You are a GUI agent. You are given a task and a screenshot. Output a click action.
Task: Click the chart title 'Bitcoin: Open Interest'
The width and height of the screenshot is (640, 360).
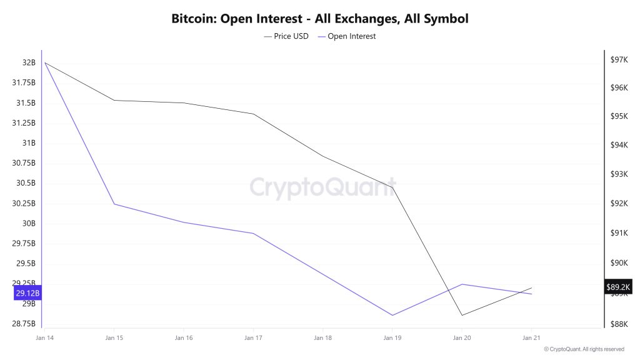[x=319, y=19]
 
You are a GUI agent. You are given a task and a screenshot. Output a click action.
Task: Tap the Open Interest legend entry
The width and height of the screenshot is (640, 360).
[x=347, y=36]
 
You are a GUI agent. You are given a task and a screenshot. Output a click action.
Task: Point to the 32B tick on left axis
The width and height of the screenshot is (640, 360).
[x=29, y=62]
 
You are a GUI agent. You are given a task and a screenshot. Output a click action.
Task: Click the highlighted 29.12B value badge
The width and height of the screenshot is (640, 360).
[x=28, y=293]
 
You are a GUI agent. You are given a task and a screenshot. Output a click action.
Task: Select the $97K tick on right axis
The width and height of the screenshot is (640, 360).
[x=619, y=59]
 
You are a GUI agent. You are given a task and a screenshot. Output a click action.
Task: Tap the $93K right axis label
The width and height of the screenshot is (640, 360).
[x=619, y=174]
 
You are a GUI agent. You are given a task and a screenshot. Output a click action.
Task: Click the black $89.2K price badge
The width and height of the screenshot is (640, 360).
[x=619, y=287]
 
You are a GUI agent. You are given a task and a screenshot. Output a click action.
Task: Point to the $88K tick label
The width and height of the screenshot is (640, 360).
[x=619, y=323]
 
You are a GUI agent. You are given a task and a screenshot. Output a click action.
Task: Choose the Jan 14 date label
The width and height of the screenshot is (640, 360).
[x=44, y=338]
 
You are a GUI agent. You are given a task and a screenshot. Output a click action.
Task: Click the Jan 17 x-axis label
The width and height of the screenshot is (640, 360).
[x=253, y=338]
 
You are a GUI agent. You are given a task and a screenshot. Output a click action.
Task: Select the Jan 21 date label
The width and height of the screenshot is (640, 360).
[x=531, y=338]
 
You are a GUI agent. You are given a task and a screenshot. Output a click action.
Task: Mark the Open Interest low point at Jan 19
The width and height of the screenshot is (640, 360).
[x=392, y=315]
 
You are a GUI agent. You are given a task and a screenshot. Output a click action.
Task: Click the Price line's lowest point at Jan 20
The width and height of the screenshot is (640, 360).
[x=462, y=315]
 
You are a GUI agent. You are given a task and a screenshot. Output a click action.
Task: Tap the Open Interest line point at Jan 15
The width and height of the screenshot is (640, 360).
[x=114, y=204]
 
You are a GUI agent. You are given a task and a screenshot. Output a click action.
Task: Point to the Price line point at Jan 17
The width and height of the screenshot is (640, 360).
[x=253, y=114]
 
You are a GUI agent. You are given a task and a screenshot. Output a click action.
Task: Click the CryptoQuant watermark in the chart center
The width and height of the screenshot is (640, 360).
[x=322, y=187]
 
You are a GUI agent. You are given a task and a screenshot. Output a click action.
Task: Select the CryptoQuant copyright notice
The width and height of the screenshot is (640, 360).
[x=584, y=349]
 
